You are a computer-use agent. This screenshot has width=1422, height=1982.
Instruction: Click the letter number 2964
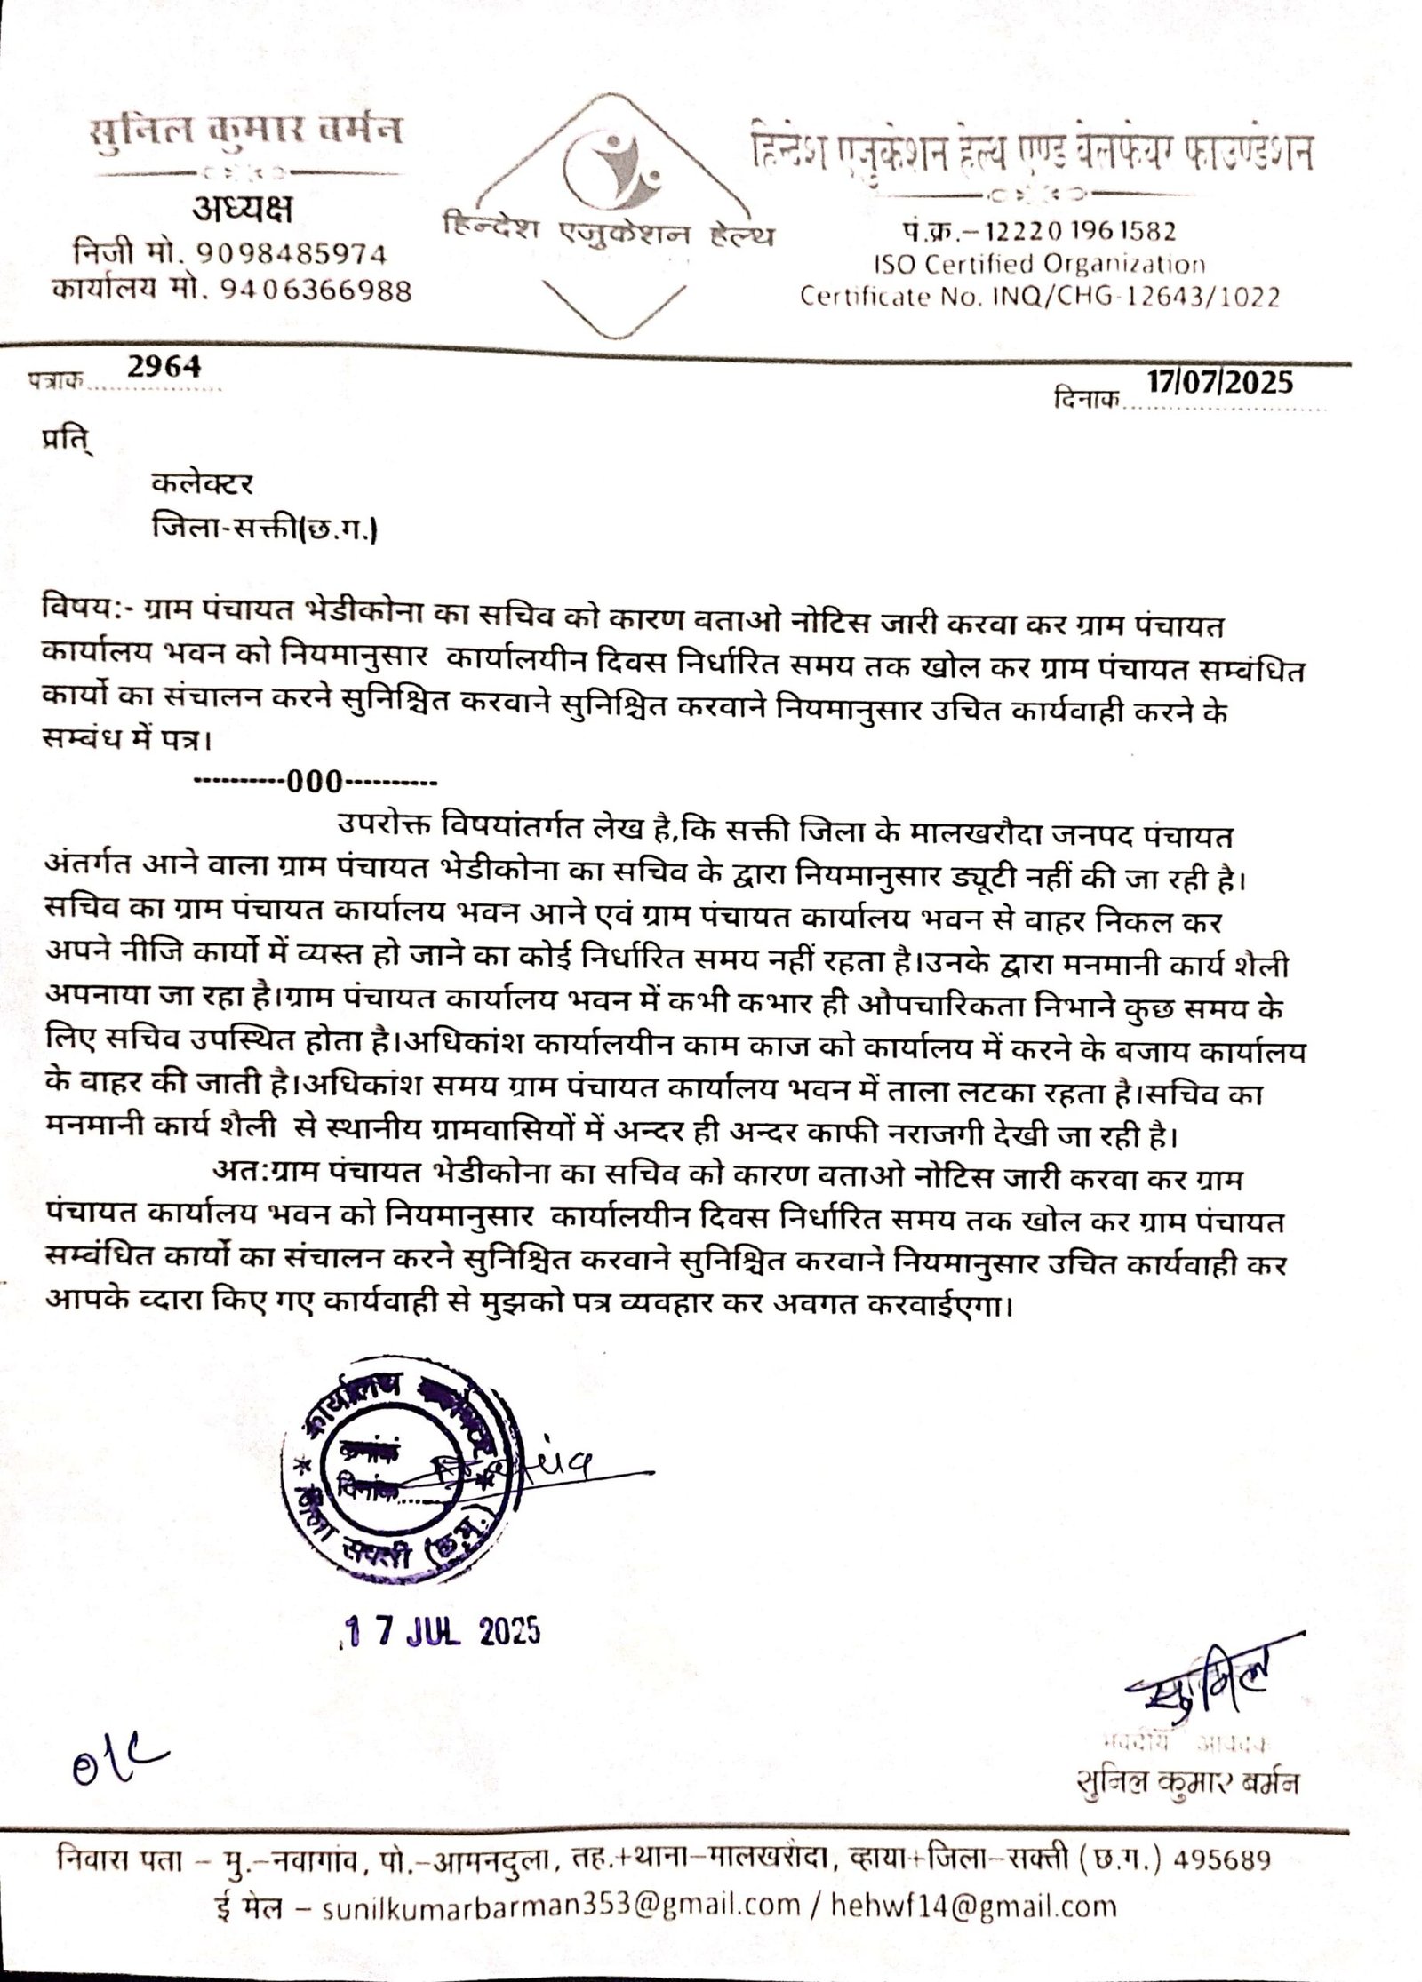[x=164, y=366]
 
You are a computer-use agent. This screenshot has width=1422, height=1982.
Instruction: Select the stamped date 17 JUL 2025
[x=442, y=1632]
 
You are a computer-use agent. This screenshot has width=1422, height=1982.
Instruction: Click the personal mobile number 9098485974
[x=292, y=255]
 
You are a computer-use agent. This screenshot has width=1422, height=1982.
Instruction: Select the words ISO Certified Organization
[x=1037, y=264]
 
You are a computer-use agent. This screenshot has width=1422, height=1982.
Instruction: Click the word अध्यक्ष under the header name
[x=241, y=211]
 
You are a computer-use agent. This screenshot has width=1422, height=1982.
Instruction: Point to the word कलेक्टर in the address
[x=203, y=483]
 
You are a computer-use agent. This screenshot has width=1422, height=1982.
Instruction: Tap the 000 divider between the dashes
[x=314, y=782]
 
